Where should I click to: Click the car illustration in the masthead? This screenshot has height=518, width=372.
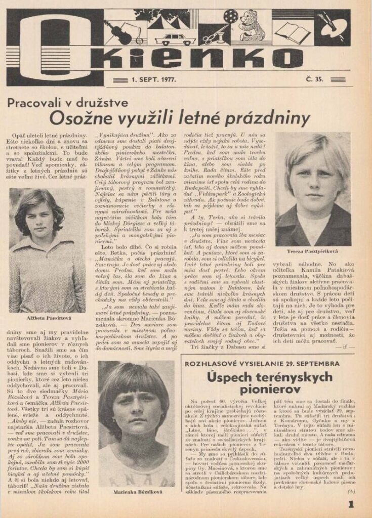(x=175, y=39)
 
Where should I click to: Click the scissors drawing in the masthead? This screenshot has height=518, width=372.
(x=209, y=36)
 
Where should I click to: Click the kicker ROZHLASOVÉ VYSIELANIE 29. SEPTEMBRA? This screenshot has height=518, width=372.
(x=262, y=363)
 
